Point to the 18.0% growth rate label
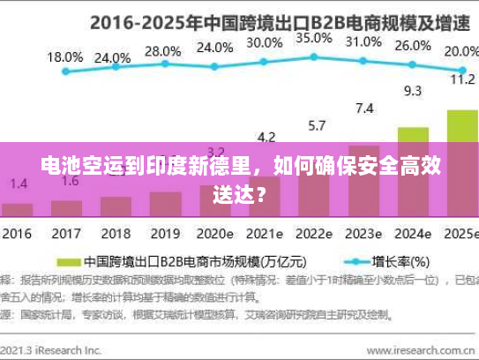(64, 56)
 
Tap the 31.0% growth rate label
(363, 41)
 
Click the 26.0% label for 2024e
(413, 46)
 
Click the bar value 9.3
(412, 91)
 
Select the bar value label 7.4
(363, 109)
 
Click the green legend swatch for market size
(69, 262)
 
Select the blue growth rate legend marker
(358, 262)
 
